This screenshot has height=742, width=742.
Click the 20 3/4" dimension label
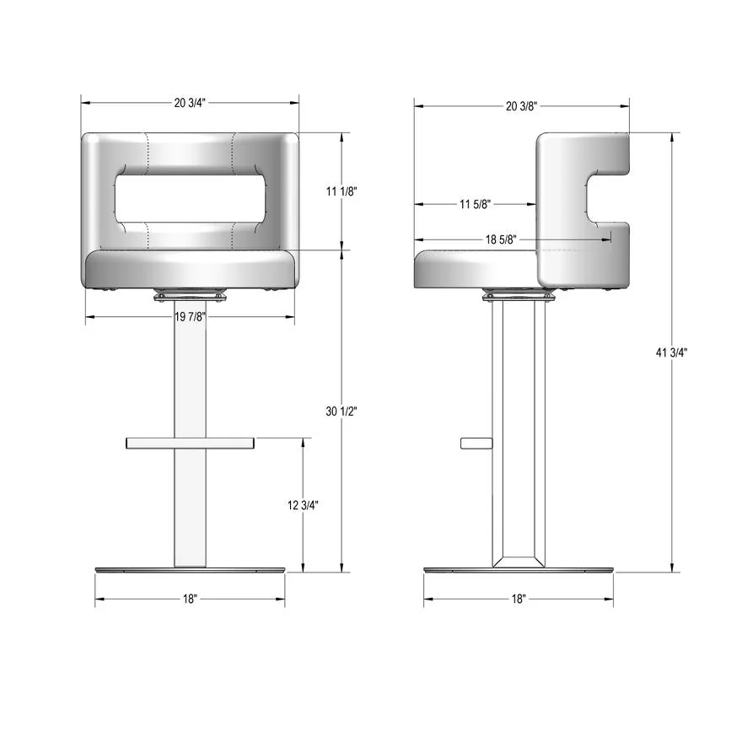(190, 103)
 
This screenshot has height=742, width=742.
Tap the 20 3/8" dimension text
(521, 106)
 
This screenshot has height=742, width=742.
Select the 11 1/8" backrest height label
(341, 191)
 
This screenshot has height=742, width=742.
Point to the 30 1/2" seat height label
(341, 411)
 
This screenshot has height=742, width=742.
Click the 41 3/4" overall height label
(671, 352)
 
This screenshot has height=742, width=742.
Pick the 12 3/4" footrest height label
(303, 505)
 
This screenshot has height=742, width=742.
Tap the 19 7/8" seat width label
(191, 316)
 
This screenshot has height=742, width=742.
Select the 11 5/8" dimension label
(475, 204)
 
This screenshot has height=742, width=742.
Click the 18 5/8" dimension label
(501, 239)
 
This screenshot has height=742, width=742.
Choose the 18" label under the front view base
(190, 600)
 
